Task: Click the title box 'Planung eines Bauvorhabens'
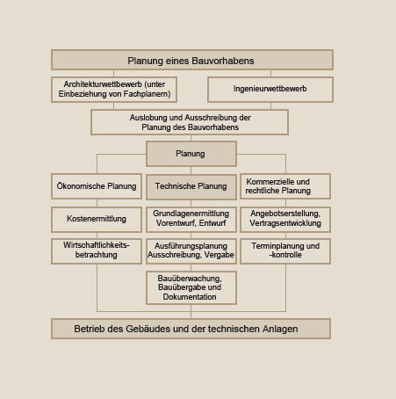(192, 60)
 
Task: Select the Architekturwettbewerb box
(114, 90)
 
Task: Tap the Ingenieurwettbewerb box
(270, 90)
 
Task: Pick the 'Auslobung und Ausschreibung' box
(190, 122)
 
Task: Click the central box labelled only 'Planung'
(191, 154)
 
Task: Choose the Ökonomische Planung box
(97, 186)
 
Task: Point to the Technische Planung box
(191, 187)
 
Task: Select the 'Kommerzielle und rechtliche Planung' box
(285, 186)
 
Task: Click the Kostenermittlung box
(97, 220)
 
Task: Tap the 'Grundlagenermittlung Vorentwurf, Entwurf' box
(191, 220)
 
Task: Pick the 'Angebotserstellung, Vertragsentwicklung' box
(285, 220)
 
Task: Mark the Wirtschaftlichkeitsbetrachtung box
(97, 251)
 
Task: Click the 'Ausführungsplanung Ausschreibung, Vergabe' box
(191, 251)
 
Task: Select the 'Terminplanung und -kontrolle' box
(285, 251)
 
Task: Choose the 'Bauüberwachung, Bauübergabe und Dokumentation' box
(191, 287)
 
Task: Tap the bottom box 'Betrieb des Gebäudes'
(191, 329)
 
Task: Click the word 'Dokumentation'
(190, 297)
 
